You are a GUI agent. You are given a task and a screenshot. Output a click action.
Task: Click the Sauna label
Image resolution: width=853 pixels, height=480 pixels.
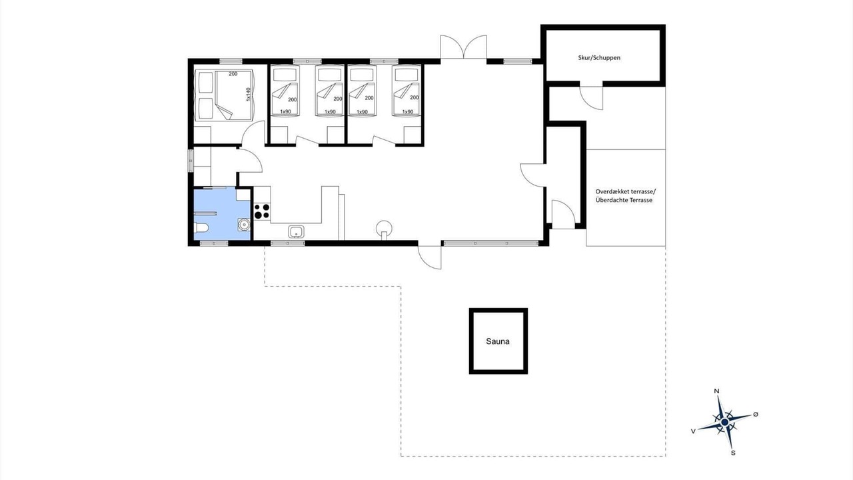click(x=498, y=341)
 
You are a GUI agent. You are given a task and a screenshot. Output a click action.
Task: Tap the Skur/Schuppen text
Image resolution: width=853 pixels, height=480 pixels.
click(x=599, y=57)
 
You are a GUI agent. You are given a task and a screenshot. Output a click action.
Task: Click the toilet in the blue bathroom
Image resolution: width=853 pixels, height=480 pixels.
click(x=201, y=228)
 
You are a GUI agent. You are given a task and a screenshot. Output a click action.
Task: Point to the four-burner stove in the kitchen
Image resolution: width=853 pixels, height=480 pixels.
click(x=262, y=211)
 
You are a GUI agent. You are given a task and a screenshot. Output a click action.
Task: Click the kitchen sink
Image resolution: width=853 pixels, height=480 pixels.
click(x=296, y=231)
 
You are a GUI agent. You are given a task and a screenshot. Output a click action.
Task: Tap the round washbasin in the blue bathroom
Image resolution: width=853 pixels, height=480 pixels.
click(x=244, y=225)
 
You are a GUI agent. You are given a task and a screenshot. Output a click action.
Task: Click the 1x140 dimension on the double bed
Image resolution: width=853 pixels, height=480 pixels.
click(x=249, y=94)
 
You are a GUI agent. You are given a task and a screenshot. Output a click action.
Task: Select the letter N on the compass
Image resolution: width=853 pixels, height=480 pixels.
click(x=716, y=391)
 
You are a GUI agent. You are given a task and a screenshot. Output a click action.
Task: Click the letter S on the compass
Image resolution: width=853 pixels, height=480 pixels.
click(x=733, y=453)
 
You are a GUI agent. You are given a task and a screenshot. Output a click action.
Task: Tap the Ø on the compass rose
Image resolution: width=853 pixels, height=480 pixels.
click(x=756, y=414)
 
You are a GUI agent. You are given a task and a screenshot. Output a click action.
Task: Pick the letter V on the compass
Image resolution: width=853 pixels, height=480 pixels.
click(x=694, y=431)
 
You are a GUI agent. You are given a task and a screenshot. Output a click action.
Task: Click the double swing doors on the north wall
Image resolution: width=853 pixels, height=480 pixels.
click(x=463, y=47)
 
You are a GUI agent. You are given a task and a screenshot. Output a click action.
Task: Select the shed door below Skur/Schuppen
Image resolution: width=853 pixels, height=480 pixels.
click(x=591, y=98)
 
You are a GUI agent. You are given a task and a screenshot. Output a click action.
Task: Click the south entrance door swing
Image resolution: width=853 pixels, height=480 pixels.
click(x=430, y=257)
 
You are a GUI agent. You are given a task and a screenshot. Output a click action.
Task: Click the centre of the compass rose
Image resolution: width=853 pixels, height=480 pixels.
click(x=724, y=422)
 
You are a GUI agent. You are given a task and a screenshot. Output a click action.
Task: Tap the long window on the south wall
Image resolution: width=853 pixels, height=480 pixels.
click(x=491, y=243)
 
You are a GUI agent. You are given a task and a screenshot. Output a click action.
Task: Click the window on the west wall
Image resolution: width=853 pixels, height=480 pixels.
click(x=191, y=161)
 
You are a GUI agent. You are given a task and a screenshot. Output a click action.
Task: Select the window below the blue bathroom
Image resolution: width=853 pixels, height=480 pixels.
click(x=214, y=243)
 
